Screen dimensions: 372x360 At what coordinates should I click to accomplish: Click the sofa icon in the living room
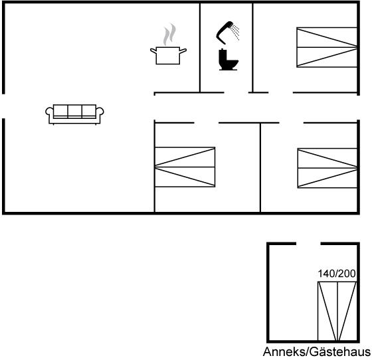point(74,114)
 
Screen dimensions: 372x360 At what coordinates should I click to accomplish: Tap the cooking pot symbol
point(168,56)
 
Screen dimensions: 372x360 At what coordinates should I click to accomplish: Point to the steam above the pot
point(169,34)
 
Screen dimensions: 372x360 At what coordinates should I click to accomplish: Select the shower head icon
point(227,33)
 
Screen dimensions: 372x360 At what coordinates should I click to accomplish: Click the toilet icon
point(229,60)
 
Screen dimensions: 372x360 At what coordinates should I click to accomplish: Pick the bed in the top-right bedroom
point(327,47)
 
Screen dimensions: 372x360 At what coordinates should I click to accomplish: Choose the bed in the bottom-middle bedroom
point(185,167)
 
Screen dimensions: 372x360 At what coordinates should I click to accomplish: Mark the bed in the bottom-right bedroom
point(327,168)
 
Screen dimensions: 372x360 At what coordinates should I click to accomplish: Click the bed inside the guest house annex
point(337,311)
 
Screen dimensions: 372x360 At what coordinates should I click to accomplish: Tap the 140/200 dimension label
point(337,274)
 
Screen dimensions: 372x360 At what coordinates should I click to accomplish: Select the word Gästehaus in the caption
point(340,352)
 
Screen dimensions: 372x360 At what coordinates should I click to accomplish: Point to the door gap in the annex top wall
point(308,244)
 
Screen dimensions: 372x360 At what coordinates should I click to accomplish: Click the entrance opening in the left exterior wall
point(3,106)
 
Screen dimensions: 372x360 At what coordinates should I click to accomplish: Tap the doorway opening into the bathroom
point(236,92)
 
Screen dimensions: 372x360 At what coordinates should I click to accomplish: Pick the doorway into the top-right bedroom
point(280,92)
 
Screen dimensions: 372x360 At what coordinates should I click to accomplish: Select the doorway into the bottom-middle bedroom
point(207,123)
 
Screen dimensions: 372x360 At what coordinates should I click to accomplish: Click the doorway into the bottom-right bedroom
point(292,123)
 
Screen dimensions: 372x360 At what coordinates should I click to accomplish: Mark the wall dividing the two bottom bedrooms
point(260,167)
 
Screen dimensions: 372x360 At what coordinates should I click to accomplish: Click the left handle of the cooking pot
point(153,50)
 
